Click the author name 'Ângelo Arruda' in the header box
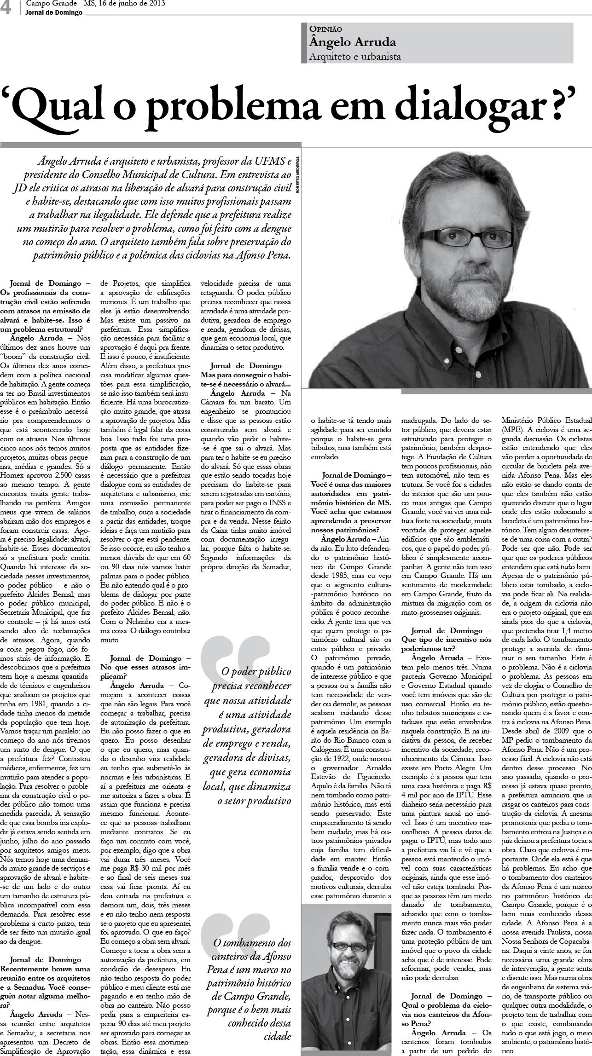click(353, 42)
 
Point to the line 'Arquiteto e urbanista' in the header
click(355, 57)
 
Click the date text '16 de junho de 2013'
click(134, 4)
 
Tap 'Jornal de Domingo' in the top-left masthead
click(54, 12)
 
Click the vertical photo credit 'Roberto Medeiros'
click(298, 174)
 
